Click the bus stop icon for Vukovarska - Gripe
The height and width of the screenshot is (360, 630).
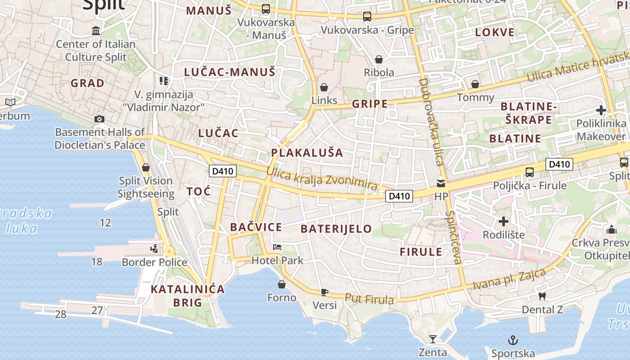click(367, 17)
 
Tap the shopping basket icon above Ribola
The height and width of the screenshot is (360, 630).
click(379, 59)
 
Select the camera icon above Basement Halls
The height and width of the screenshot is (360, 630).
click(99, 119)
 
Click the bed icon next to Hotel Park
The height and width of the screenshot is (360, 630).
click(277, 247)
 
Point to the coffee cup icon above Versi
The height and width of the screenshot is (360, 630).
click(324, 292)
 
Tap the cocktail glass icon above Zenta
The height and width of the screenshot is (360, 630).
click(432, 339)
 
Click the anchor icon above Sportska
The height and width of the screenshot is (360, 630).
click(513, 340)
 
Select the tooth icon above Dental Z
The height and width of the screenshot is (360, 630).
click(542, 296)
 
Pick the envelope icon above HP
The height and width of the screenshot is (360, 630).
click(441, 184)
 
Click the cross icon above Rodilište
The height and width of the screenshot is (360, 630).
click(504, 221)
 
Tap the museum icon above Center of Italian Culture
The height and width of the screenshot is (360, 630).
click(96, 31)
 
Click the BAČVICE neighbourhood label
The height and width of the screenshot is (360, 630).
click(256, 227)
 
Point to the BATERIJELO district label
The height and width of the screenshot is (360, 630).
click(336, 229)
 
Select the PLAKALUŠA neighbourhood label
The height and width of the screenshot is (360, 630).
click(307, 153)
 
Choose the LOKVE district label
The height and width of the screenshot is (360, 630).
click(495, 32)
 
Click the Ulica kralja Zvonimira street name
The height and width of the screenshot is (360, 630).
click(321, 178)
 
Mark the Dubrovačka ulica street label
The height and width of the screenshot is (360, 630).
click(431, 121)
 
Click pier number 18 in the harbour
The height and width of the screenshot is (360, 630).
click(97, 261)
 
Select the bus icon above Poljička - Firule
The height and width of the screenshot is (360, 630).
click(530, 172)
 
